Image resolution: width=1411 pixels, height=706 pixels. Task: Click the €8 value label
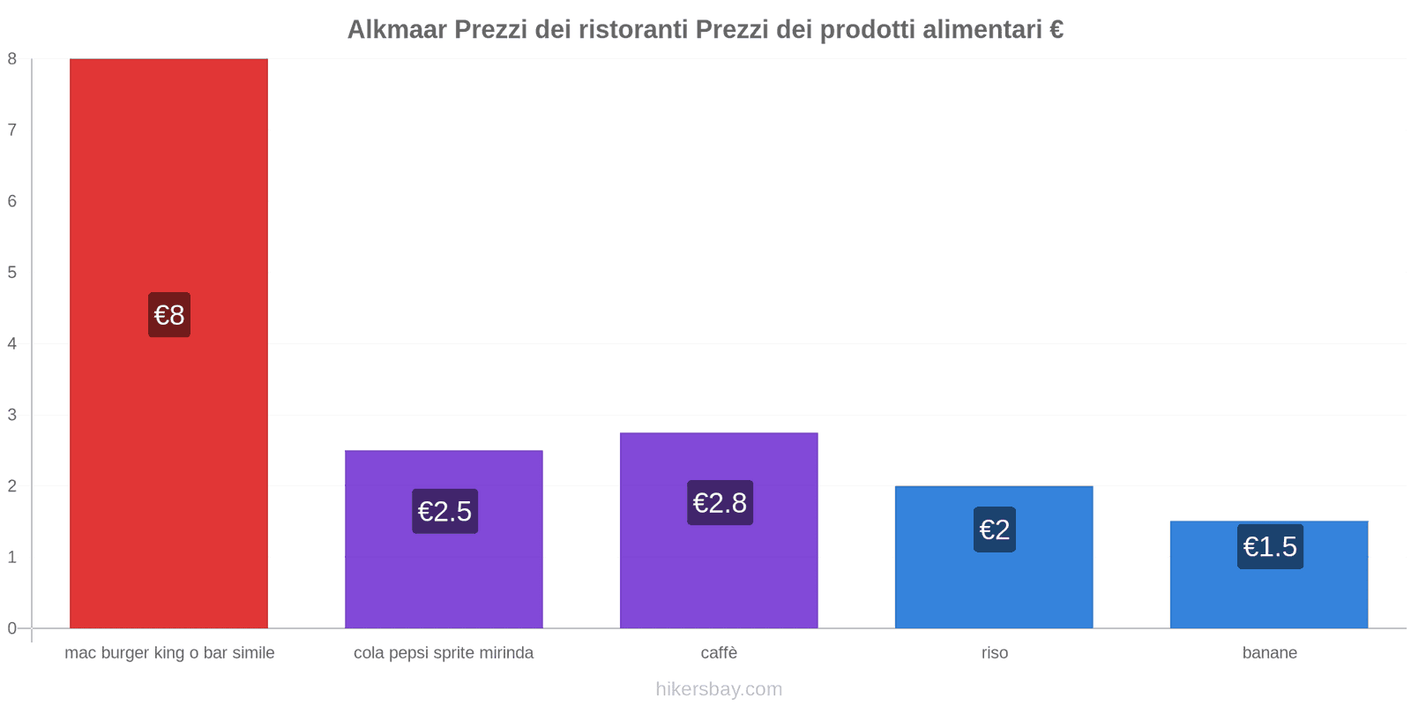tap(169, 315)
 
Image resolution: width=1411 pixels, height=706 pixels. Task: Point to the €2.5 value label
tap(444, 511)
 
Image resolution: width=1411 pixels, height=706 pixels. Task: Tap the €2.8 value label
tap(720, 503)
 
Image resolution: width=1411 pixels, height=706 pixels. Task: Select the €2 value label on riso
tap(995, 529)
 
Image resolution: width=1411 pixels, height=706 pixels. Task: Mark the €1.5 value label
tap(1270, 547)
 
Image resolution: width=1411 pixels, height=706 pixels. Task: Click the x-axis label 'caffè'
tap(719, 653)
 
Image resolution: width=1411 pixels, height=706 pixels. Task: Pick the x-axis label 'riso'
tap(995, 653)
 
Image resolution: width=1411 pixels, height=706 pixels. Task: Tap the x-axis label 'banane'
tap(1270, 653)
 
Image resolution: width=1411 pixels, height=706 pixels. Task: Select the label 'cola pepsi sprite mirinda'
tap(444, 653)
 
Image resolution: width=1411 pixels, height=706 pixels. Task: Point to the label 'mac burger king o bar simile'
tap(169, 653)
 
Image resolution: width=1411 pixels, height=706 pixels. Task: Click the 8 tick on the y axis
tap(12, 59)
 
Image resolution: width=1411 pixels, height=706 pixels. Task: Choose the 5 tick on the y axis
tap(12, 273)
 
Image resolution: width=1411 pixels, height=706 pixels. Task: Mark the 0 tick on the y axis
tap(12, 628)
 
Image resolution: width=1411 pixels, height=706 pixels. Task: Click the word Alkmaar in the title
tap(396, 30)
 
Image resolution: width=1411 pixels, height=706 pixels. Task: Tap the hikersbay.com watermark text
tap(719, 689)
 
